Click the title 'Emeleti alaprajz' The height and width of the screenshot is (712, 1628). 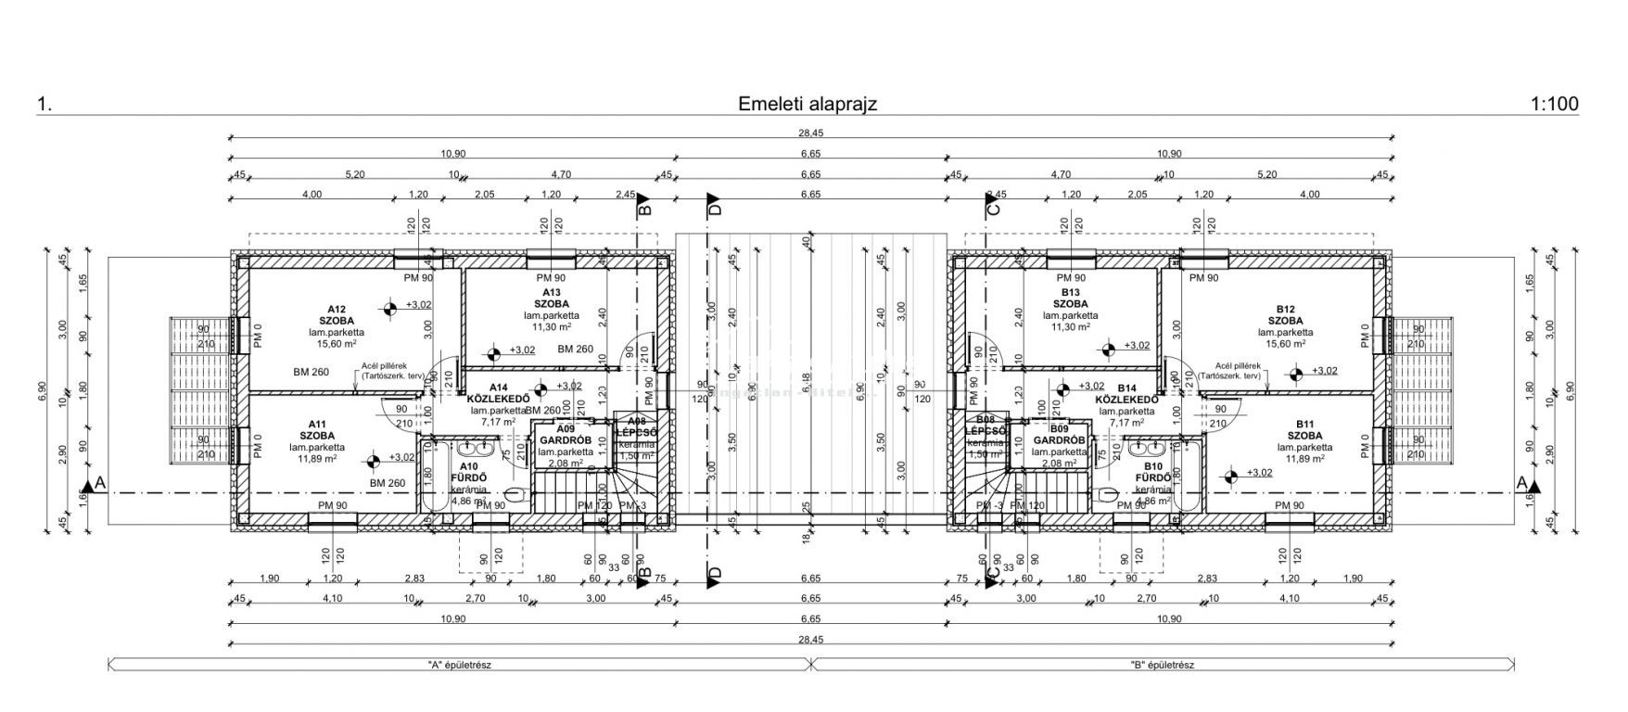pyautogui.click(x=807, y=104)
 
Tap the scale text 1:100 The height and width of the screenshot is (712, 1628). pyautogui.click(x=1555, y=104)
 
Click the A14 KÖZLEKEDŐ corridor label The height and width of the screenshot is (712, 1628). pyautogui.click(x=498, y=393)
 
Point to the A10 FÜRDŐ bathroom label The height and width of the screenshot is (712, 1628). pyautogui.click(x=468, y=473)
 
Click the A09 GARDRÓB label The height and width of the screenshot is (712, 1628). pyautogui.click(x=560, y=435)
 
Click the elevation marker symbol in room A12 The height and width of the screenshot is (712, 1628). pyautogui.click(x=391, y=304)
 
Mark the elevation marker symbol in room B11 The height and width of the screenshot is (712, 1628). pyautogui.click(x=1230, y=477)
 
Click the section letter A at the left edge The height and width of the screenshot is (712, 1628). pyautogui.click(x=99, y=483)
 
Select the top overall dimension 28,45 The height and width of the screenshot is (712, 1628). pyautogui.click(x=811, y=134)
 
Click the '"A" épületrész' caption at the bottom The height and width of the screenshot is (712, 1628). pyautogui.click(x=459, y=665)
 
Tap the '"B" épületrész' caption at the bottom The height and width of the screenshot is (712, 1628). pyautogui.click(x=1163, y=665)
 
